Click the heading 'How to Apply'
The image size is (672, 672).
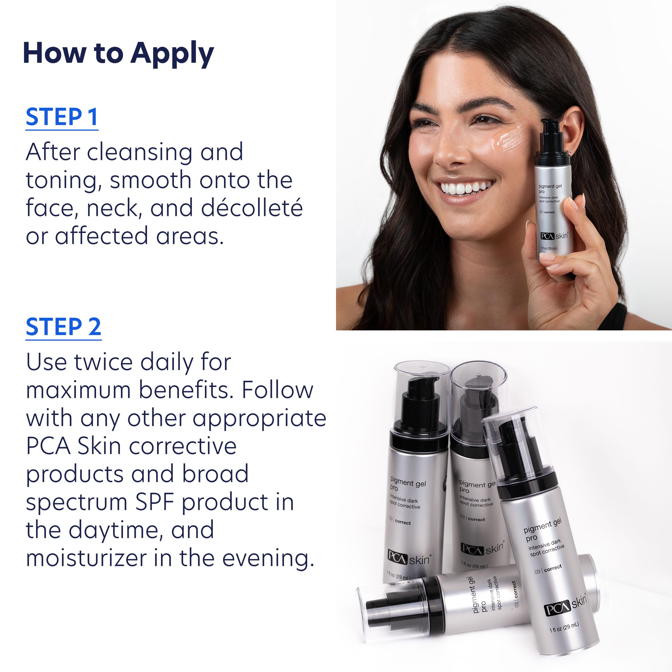pyautogui.click(x=118, y=54)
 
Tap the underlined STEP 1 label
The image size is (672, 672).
pyautogui.click(x=62, y=117)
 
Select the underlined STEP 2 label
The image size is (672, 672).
pyautogui.click(x=63, y=327)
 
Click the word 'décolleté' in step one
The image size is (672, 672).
pyautogui.click(x=252, y=208)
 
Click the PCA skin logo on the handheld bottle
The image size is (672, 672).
pyautogui.click(x=554, y=236)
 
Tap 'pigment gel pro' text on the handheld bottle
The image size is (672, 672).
pyautogui.click(x=550, y=188)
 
